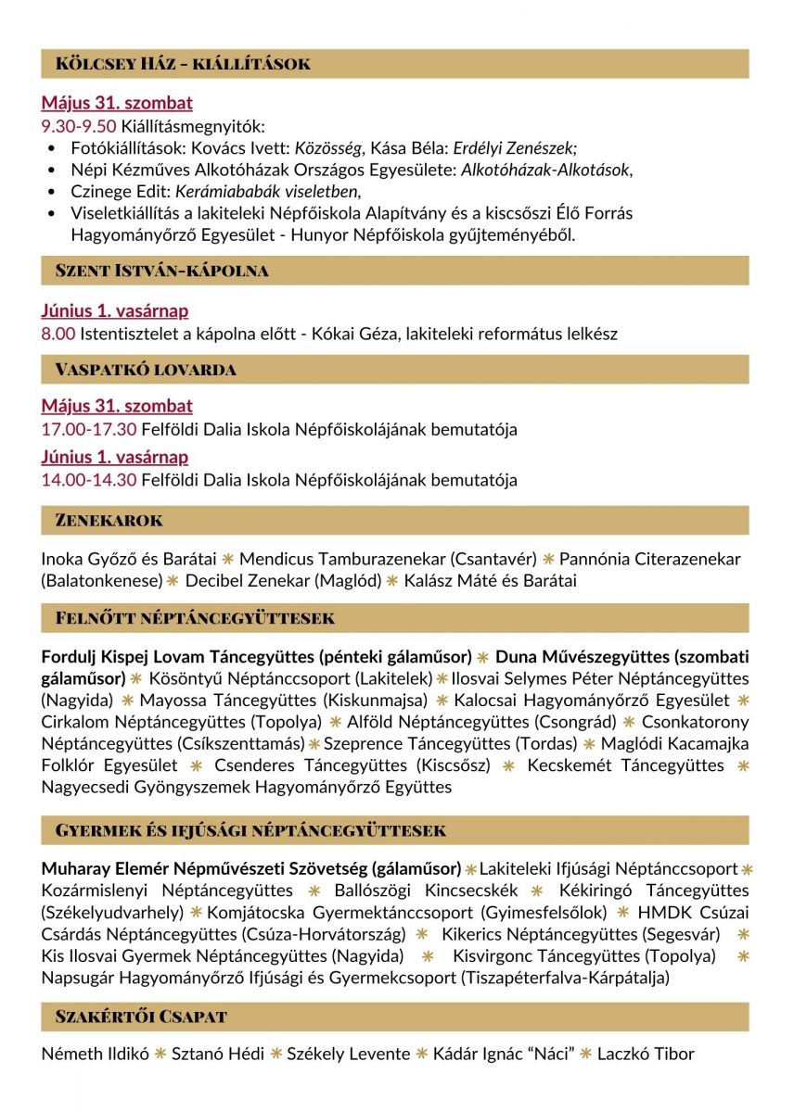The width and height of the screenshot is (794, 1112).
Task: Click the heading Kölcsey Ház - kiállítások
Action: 183,64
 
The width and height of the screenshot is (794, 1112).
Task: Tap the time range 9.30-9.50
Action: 78,127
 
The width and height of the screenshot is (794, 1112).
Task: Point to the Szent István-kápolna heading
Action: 161,271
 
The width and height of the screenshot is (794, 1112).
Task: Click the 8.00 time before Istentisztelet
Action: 58,334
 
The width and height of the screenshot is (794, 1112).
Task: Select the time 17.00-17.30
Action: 88,430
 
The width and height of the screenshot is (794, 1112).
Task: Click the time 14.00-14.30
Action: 88,480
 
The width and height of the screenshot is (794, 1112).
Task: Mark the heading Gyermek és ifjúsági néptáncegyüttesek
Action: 250,830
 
